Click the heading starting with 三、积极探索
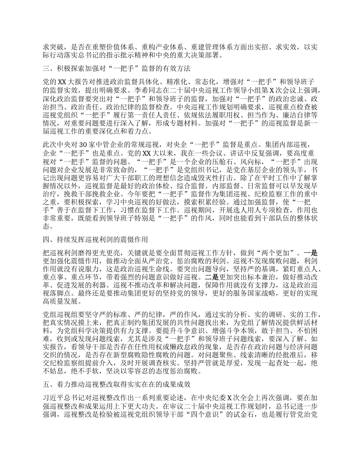point(116,69)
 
